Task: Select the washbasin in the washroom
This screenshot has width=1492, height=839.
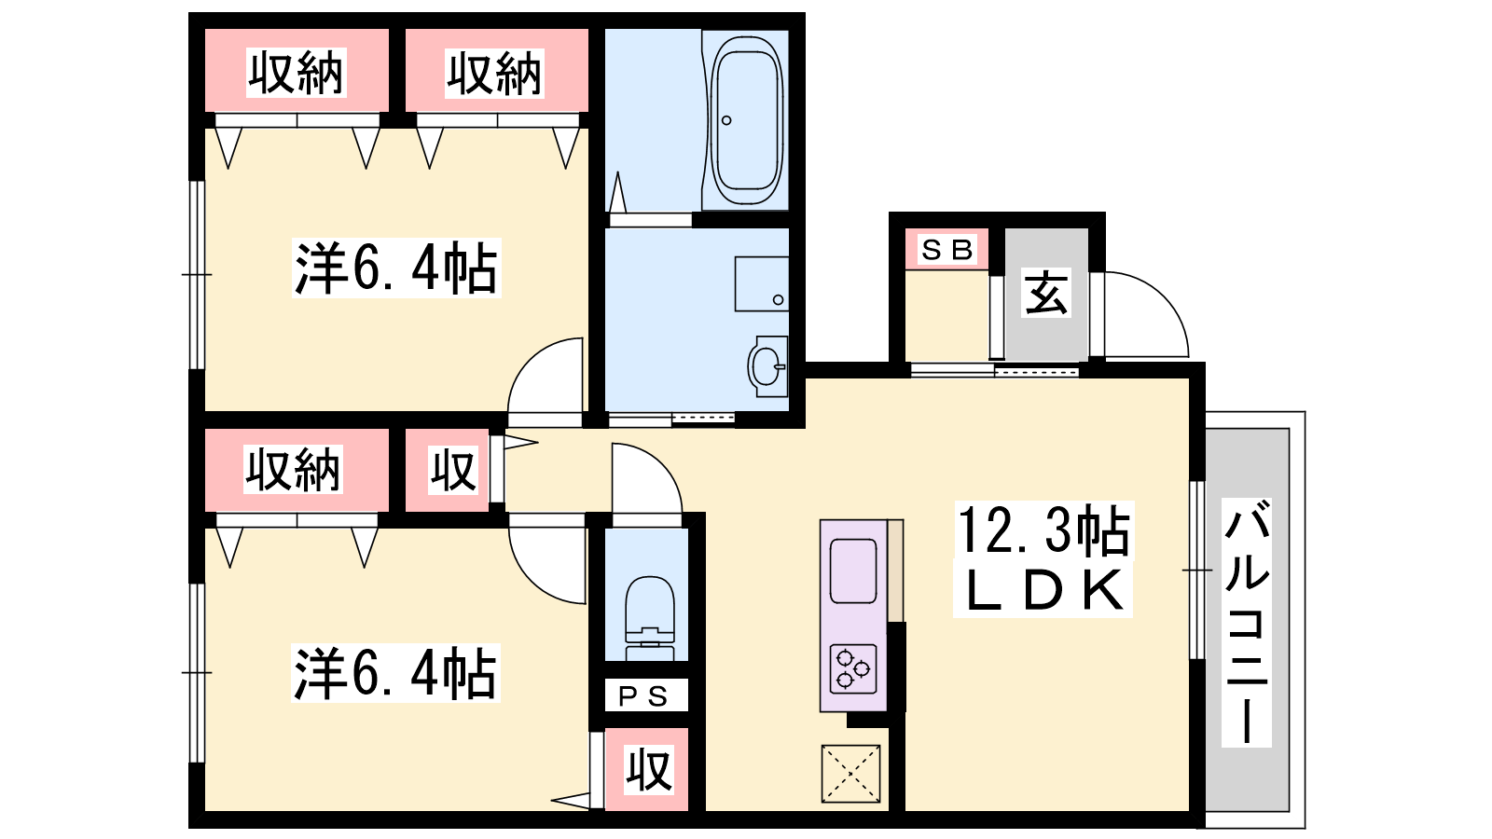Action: click(768, 366)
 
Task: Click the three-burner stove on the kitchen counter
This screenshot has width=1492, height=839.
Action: click(853, 669)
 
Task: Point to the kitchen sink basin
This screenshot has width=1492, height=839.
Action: click(853, 571)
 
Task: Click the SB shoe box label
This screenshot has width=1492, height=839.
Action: click(946, 250)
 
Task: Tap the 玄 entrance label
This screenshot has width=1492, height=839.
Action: click(1046, 293)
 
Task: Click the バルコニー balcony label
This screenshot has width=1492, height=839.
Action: click(1247, 623)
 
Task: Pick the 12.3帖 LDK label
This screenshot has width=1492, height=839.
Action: click(1043, 559)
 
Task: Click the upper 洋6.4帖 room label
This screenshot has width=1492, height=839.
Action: click(396, 268)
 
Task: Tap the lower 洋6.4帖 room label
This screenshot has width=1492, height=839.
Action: click(395, 672)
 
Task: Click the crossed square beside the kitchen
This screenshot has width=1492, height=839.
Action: click(850, 774)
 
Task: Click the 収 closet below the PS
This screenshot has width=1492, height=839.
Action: click(649, 770)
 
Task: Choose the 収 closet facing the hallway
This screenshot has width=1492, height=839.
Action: click(453, 471)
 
